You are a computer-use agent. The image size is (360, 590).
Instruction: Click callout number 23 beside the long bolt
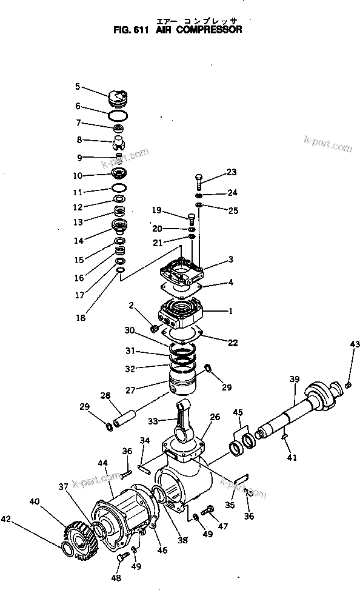pyautogui.click(x=232, y=172)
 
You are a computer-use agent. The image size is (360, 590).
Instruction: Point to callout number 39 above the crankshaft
pyautogui.click(x=294, y=379)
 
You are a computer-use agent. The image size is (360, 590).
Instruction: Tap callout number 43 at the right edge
pyautogui.click(x=355, y=344)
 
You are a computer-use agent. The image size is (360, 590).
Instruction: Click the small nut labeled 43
pyautogui.click(x=348, y=384)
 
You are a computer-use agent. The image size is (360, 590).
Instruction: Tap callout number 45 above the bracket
pyautogui.click(x=238, y=414)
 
